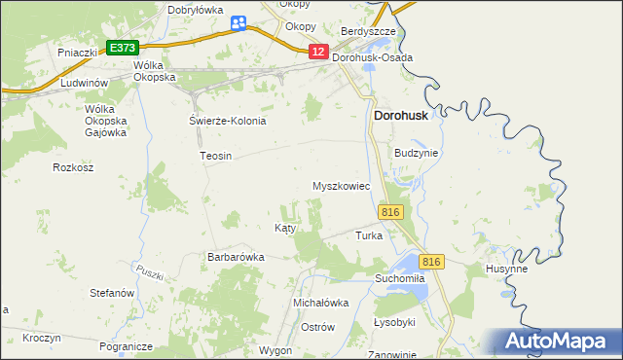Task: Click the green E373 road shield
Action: (x=122, y=47)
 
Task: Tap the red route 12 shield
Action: (x=318, y=52)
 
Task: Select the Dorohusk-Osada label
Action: (x=372, y=57)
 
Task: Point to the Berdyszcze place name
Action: (x=368, y=31)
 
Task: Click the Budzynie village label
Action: (x=417, y=153)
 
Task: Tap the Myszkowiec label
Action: (x=341, y=185)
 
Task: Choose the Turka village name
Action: (x=369, y=235)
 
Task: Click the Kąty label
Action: (x=284, y=228)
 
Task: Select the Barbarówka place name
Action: (x=236, y=257)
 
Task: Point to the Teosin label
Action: (x=215, y=156)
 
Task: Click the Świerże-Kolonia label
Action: (x=227, y=121)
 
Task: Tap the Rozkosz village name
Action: (x=73, y=167)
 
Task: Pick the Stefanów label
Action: (x=111, y=292)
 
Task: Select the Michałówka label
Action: (x=321, y=303)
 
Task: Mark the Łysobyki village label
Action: (x=394, y=322)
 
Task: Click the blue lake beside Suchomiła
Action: (x=407, y=264)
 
